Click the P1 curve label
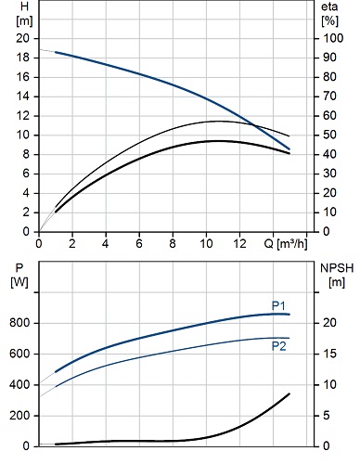coord(278,305)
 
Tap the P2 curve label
coord(279,346)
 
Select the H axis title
coord(24,6)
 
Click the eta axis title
coord(329,6)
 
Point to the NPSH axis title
coord(337,268)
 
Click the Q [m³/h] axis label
coord(286,244)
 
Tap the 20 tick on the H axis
coord(22,38)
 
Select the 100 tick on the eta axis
coord(333,38)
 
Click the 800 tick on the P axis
coord(19,323)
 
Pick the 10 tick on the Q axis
coord(206,244)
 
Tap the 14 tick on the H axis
coord(22,97)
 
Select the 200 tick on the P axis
coord(19,416)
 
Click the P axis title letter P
coord(19,268)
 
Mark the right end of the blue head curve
coord(289,149)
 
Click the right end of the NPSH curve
coord(289,393)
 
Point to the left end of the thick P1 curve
coord(56,371)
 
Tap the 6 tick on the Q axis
coord(139,244)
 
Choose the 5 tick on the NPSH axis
coord(327,416)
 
